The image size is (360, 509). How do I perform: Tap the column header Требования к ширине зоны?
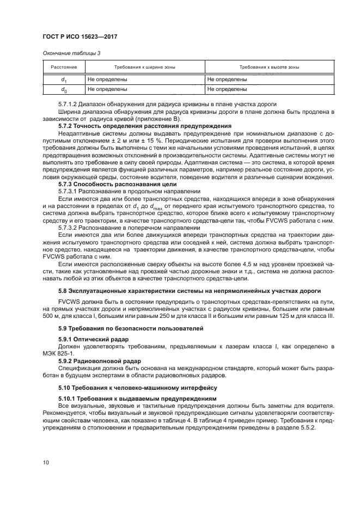coord(144,67)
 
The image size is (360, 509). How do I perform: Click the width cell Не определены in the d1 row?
coord(107,79)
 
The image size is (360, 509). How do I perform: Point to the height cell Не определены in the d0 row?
coord(227,88)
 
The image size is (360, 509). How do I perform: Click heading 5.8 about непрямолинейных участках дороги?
coord(190,291)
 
